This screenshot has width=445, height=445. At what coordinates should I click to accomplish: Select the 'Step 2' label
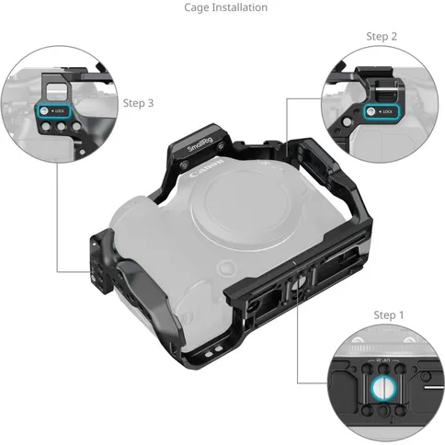[382, 36]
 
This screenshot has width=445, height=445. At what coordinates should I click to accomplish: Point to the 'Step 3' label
[138, 104]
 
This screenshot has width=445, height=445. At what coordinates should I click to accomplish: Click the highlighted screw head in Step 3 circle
[42, 110]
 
